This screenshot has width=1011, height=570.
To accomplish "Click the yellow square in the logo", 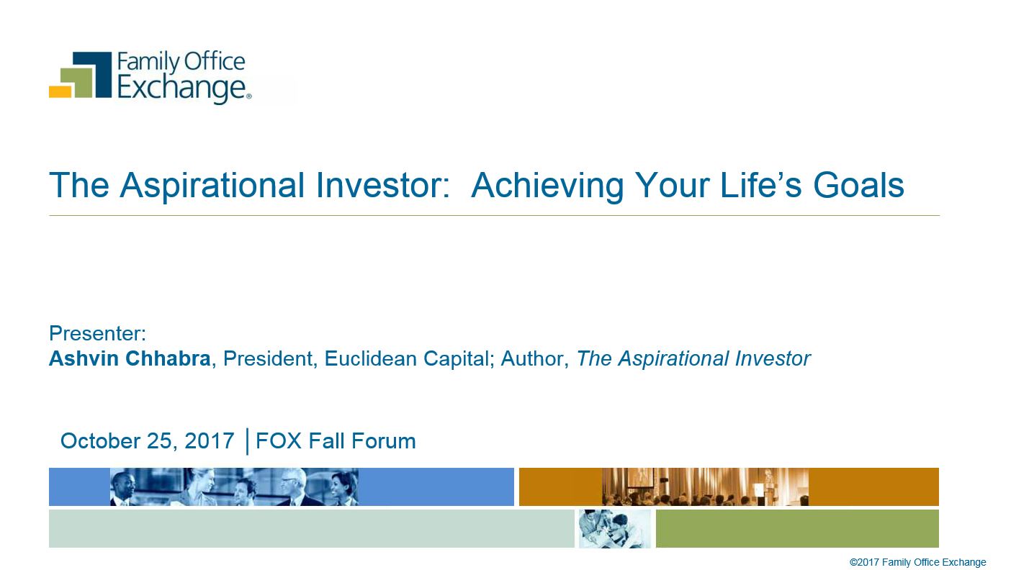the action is [60, 91].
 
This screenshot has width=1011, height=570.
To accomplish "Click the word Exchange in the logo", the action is [182, 88].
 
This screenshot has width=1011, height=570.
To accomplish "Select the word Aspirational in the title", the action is [212, 186].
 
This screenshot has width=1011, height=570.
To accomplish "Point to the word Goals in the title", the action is [858, 185].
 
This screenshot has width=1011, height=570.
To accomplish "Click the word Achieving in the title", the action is [547, 186].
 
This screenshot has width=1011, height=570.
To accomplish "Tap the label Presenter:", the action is [97, 333].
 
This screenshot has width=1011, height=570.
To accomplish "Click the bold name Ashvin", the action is [84, 358].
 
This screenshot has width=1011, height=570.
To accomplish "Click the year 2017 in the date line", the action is [210, 440].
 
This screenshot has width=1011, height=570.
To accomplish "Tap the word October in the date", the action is [100, 440].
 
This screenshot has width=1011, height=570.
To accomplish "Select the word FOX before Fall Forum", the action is [279, 440].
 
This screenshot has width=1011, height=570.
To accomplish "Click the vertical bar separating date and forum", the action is [247, 441].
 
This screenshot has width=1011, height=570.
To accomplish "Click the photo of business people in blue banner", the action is [234, 487].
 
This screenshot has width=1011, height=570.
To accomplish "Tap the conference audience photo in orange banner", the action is [705, 487].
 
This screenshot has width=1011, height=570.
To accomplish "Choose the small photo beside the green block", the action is [615, 528].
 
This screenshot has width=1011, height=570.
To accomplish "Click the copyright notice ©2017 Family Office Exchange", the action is [917, 562].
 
